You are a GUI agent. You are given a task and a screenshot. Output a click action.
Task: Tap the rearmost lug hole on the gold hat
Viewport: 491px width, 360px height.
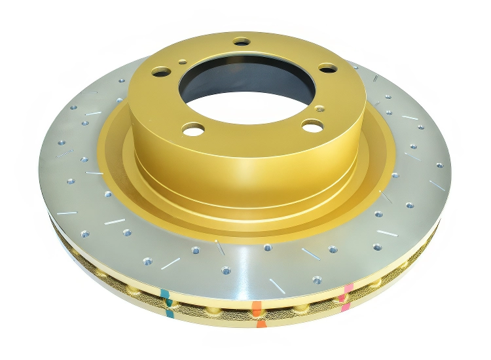click(242, 42)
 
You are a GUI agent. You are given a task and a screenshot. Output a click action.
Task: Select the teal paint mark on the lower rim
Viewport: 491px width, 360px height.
click(170, 313)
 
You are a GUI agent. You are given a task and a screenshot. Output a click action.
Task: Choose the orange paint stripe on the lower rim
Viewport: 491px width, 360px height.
click(261, 323)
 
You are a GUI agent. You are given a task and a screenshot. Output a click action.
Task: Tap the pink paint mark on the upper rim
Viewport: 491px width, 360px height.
click(348, 288)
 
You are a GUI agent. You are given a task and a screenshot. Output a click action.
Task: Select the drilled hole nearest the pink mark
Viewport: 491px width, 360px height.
click(317, 279)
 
